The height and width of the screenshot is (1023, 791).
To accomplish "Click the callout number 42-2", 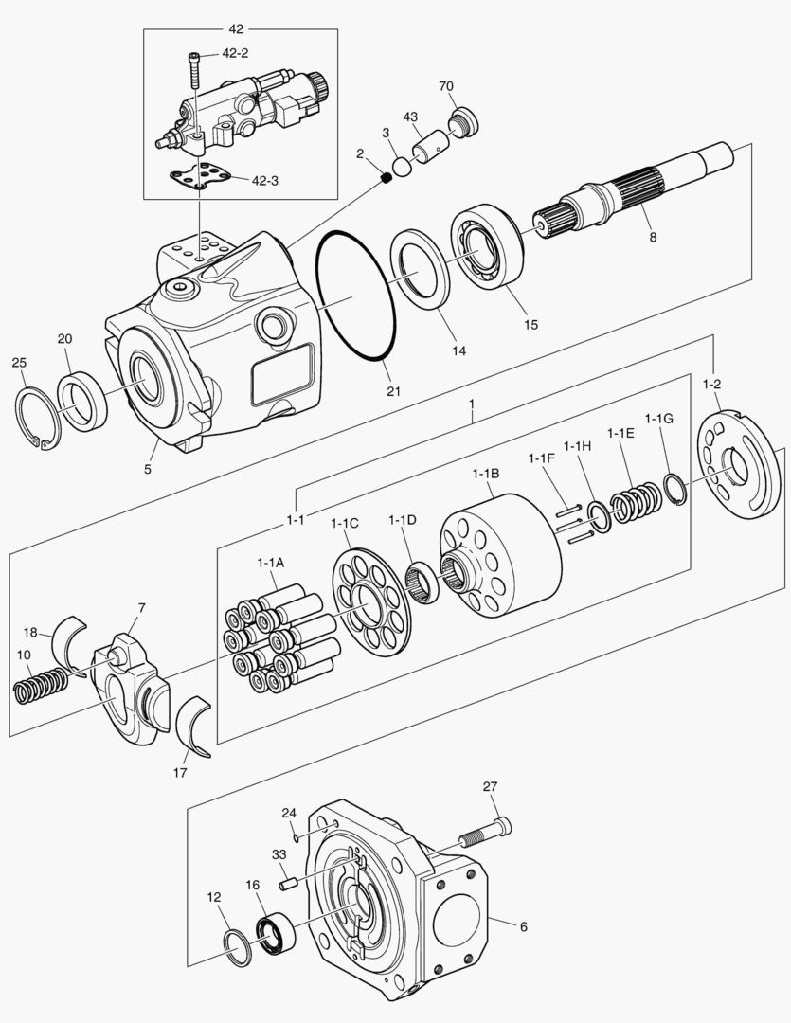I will [x=236, y=54].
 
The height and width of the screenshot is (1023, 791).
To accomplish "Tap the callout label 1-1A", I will [x=270, y=562].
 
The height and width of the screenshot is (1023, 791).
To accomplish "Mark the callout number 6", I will [x=523, y=926].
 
